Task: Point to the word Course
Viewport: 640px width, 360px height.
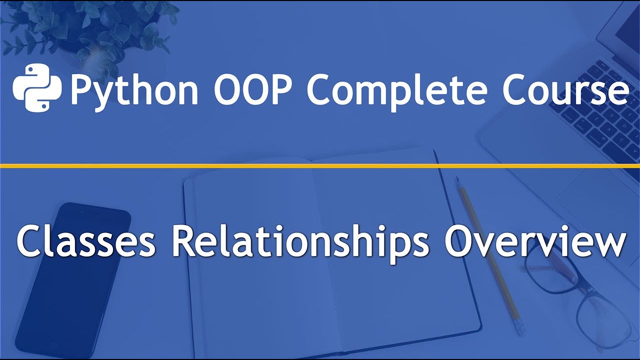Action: tap(565, 89)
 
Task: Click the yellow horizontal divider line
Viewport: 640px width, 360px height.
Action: tap(320, 165)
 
